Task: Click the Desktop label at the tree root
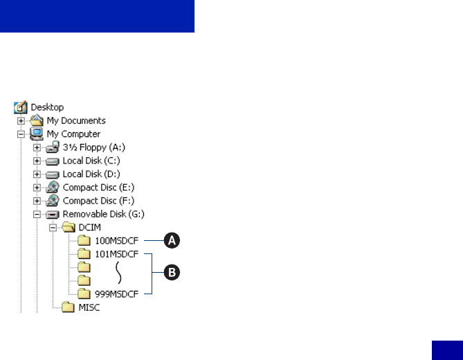click(x=47, y=107)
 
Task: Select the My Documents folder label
click(x=76, y=120)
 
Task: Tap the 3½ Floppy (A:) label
click(x=93, y=147)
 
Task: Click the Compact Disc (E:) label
click(x=99, y=187)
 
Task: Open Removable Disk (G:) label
click(x=104, y=214)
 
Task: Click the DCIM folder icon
click(x=68, y=227)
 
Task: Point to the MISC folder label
click(x=89, y=307)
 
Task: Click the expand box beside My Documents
click(x=21, y=120)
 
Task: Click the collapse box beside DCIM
click(x=53, y=227)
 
